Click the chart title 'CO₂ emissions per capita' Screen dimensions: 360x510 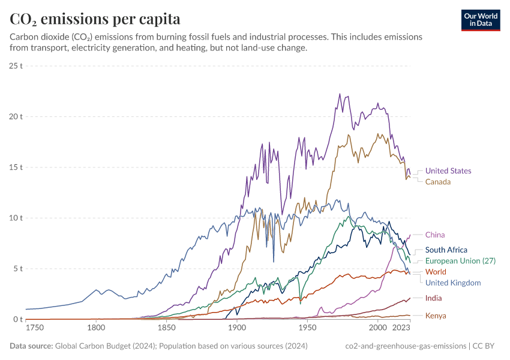tap(95, 19)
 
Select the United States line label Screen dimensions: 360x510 tap(448, 171)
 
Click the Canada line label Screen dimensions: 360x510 tap(438, 182)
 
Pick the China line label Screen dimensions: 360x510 tap(435, 235)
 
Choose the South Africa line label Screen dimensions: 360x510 tap(446, 250)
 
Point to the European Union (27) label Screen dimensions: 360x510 tap(460, 261)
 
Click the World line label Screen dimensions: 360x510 tap(436, 272)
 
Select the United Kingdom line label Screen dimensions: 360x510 tap(453, 283)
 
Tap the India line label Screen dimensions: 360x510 tap(434, 298)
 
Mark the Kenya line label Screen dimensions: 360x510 tap(436, 316)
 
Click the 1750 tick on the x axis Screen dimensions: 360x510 tap(35, 328)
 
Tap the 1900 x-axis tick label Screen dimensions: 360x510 tap(237, 328)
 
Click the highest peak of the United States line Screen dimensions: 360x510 tap(340, 94)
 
